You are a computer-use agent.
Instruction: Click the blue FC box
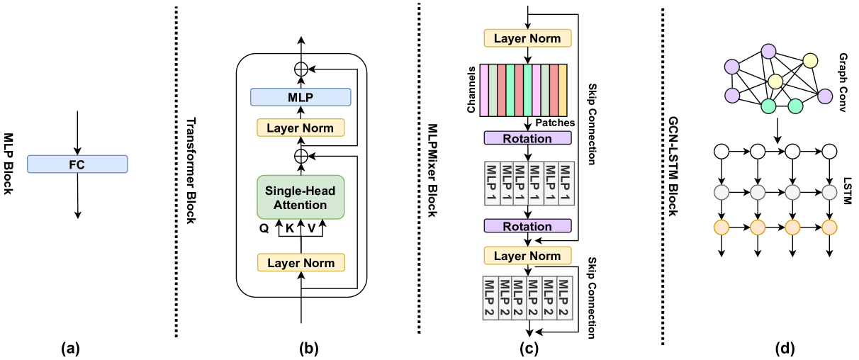click(x=77, y=164)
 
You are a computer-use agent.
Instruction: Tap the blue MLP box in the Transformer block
click(x=301, y=97)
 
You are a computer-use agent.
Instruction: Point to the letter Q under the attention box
click(x=262, y=229)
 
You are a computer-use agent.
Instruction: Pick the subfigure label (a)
click(x=75, y=348)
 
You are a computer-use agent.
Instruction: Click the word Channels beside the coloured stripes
click(x=471, y=91)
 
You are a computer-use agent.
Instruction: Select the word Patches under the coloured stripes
click(x=555, y=123)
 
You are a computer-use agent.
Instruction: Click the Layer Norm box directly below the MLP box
click(x=301, y=128)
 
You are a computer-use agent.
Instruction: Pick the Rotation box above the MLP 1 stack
click(x=527, y=138)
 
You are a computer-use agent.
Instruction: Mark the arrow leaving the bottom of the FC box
click(x=77, y=195)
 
